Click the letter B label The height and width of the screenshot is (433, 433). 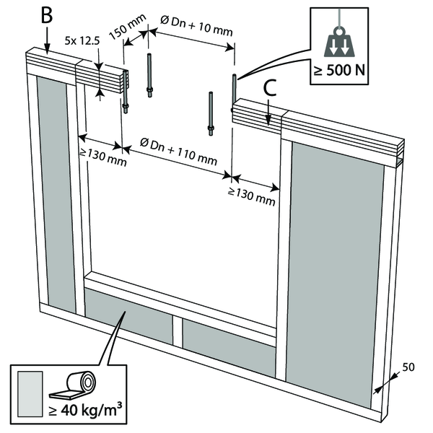pos(47,15)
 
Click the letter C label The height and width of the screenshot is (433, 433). pos(268,88)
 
